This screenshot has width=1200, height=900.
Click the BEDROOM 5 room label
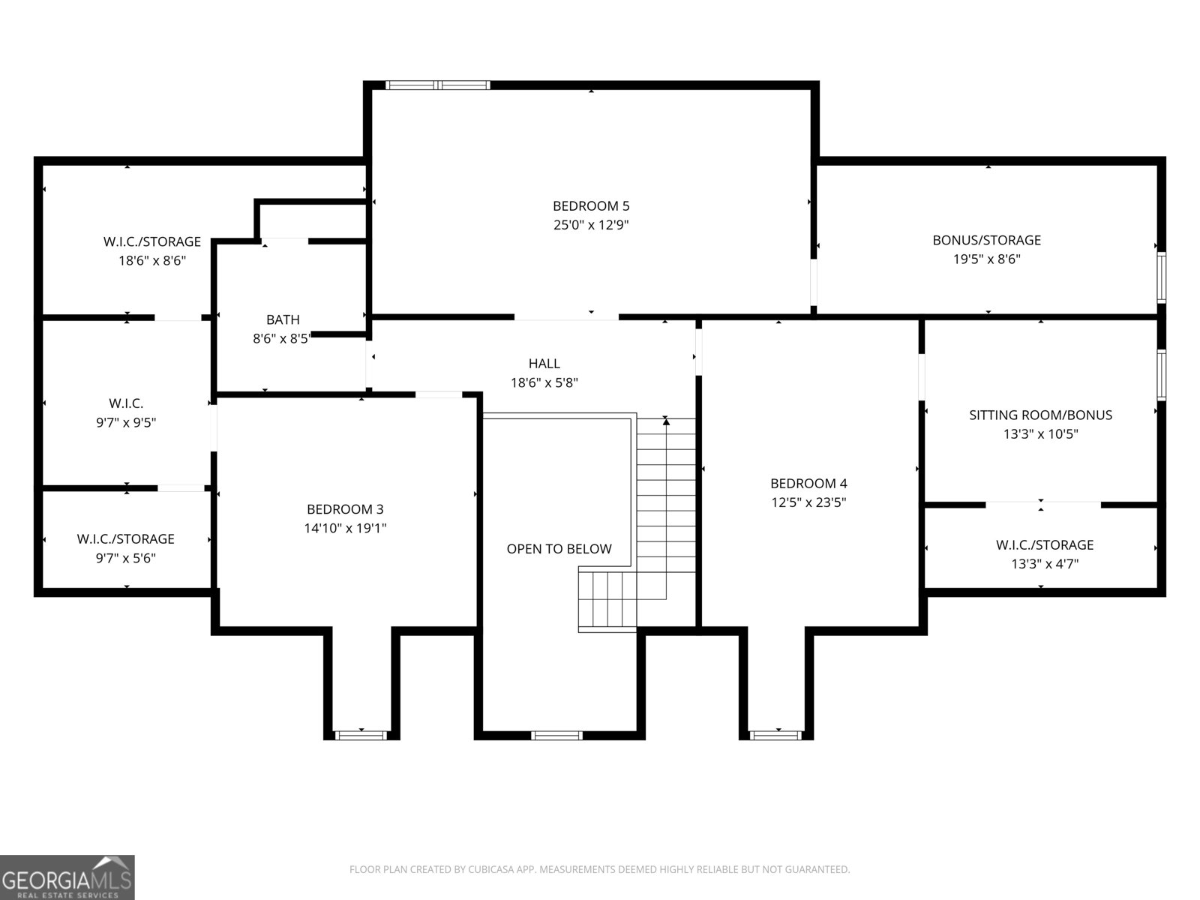[x=591, y=205]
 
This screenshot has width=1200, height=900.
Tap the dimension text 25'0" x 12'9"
[x=591, y=225]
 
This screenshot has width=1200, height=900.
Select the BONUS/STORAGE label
[x=986, y=240]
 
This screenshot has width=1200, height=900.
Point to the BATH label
[x=283, y=319]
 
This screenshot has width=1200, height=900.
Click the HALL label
[x=544, y=363]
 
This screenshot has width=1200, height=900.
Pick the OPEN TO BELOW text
[x=559, y=549]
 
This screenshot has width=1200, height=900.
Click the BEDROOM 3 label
[x=345, y=509]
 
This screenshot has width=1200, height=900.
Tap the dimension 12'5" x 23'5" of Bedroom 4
[x=808, y=502]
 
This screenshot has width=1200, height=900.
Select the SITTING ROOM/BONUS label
[x=1040, y=415]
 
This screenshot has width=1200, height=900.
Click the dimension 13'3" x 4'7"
[x=1044, y=564]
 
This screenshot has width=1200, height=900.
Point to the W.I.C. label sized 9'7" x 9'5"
[x=126, y=403]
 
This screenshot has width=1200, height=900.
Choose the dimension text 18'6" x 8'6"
[x=151, y=261]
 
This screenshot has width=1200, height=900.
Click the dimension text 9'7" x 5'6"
[x=125, y=558]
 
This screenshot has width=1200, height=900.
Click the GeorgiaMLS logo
[x=67, y=877]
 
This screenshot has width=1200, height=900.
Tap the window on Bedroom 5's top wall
[x=438, y=85]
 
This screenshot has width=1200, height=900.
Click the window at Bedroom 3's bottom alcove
[x=361, y=735]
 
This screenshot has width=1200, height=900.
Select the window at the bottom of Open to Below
[x=556, y=735]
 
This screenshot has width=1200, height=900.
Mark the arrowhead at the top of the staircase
[x=666, y=421]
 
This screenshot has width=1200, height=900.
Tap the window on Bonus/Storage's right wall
[x=1161, y=276]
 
